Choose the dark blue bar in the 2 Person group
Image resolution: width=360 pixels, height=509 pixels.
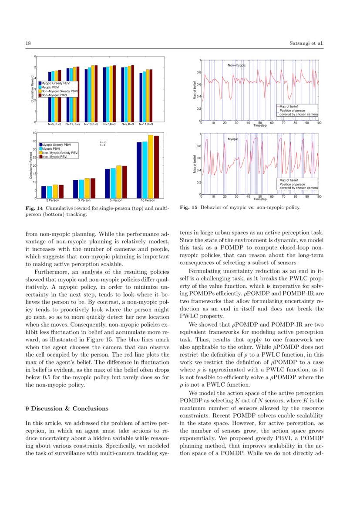click(x=44, y=192)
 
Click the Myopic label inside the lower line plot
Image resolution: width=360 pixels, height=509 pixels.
click(x=233, y=139)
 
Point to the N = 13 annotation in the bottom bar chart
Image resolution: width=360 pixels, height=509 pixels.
click(x=103, y=142)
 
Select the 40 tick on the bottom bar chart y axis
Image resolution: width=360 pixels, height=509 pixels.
click(x=34, y=132)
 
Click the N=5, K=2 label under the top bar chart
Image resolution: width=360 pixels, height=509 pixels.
click(x=54, y=124)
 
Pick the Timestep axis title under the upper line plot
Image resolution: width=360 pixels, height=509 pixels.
click(x=260, y=125)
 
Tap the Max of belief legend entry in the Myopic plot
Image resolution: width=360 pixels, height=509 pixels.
click(x=289, y=180)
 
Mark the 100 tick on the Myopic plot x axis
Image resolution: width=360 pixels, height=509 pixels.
click(x=318, y=197)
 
